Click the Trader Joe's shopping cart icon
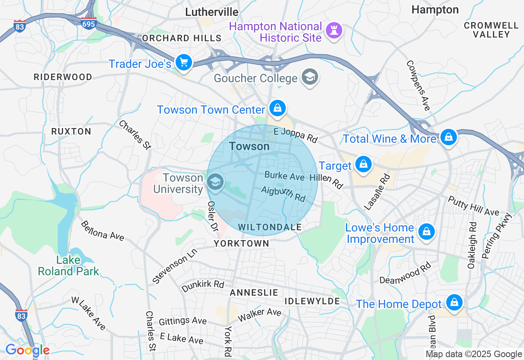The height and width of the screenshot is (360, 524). pos(184,63)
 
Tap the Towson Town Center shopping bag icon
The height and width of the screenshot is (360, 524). pos(278,108)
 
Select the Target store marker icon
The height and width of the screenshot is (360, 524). pos(363,164)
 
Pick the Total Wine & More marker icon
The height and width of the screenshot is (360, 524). pos(449,137)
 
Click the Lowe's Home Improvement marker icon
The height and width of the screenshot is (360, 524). pos(426,232)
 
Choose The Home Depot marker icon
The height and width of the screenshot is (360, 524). pos(454,303)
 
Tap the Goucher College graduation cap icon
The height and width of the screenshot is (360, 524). pos(310,76)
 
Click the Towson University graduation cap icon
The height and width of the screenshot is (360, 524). pos(215,182)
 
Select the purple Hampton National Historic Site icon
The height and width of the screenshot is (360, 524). pos(334,30)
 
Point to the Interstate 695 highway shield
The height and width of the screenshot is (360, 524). pos(88,23)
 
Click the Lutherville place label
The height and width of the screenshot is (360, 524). pos(212,12)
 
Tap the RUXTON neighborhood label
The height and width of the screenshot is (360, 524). pos(71,131)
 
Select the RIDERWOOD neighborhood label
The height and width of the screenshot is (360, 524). pos(63,77)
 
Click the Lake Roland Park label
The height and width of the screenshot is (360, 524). pos(68,265)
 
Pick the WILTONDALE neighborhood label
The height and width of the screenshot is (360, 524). pos(270,227)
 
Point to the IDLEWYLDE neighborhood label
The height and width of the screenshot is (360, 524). pos(312,301)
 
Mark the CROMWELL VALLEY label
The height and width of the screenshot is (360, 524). pos(491,30)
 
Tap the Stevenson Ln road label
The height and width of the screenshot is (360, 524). pos(174,266)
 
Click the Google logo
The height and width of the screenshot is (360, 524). pos(27,351)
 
